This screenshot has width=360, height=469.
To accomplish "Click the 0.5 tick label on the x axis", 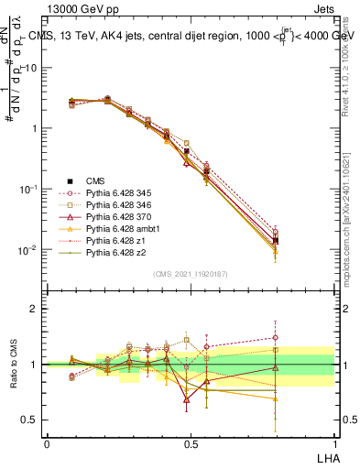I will [190, 444].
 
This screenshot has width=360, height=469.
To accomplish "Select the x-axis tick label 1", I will [333, 444].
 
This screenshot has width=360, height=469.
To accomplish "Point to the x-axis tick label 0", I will [47, 444].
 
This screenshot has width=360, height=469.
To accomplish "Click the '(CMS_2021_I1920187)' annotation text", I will [190, 274].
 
